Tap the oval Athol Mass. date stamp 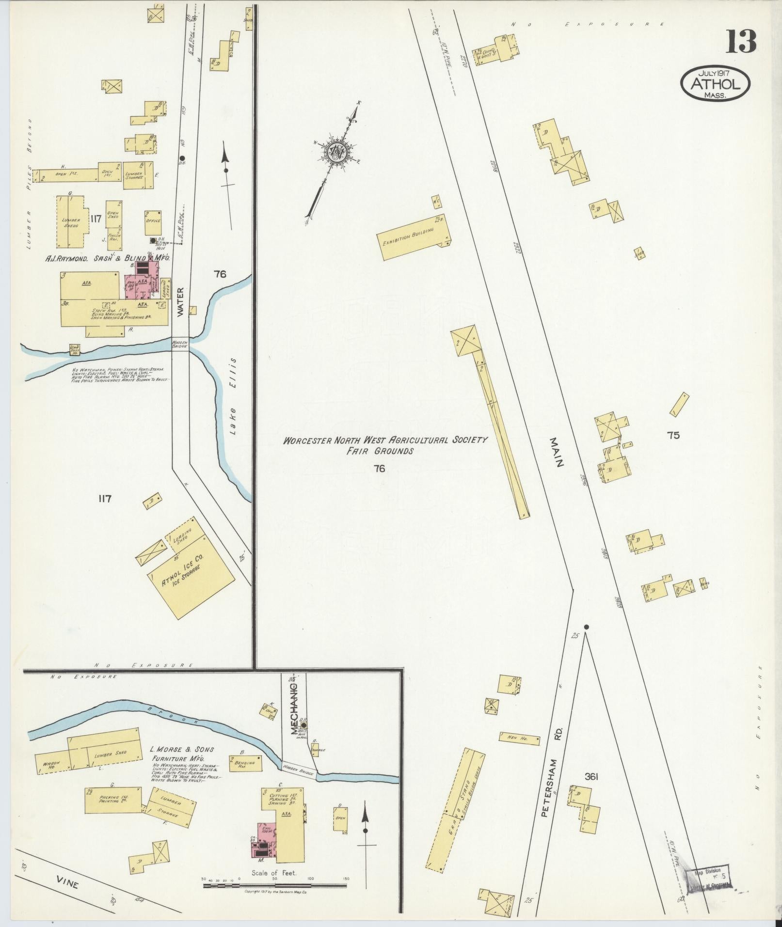pyautogui.click(x=716, y=84)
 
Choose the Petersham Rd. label pyautogui.click(x=551, y=741)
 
